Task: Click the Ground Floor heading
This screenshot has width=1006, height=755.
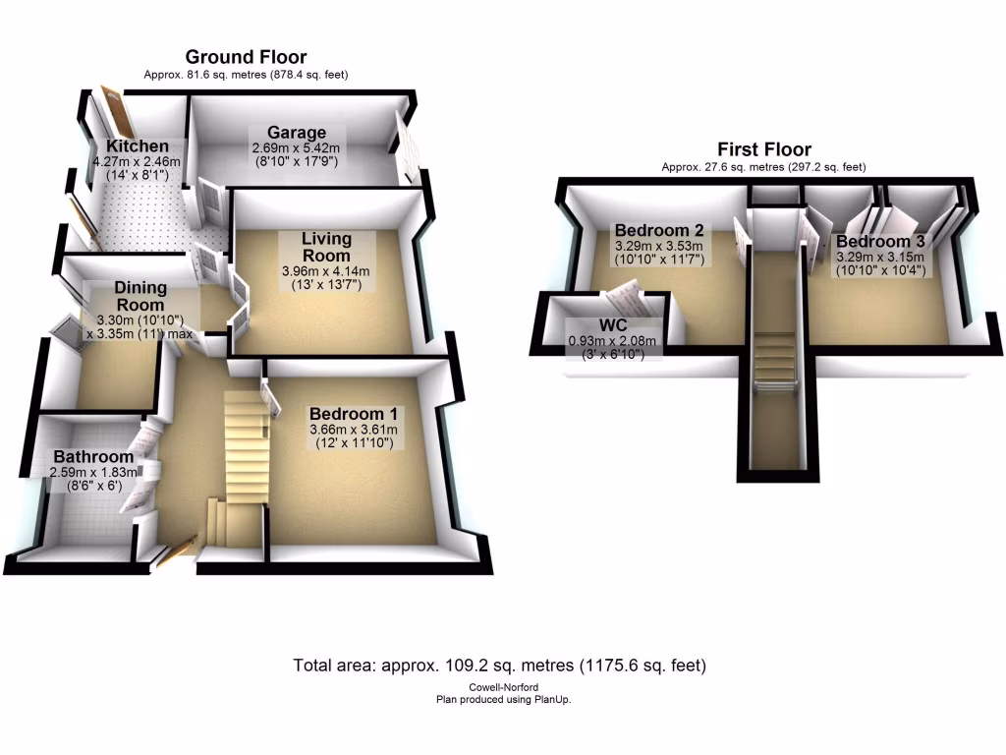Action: point(246,57)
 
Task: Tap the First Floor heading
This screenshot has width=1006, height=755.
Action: point(763,149)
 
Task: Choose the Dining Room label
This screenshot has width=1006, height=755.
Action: point(140,296)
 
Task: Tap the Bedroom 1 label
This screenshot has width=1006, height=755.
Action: point(354,414)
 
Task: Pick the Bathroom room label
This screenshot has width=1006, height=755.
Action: point(93,457)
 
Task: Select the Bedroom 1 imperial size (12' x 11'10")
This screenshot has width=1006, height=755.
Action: point(354,444)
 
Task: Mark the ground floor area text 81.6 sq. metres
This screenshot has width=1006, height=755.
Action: point(246,75)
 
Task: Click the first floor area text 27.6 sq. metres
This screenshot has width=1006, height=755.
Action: point(763,167)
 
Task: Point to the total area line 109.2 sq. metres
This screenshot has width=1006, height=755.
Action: point(500,666)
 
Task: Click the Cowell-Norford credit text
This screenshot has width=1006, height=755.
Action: point(503,688)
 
